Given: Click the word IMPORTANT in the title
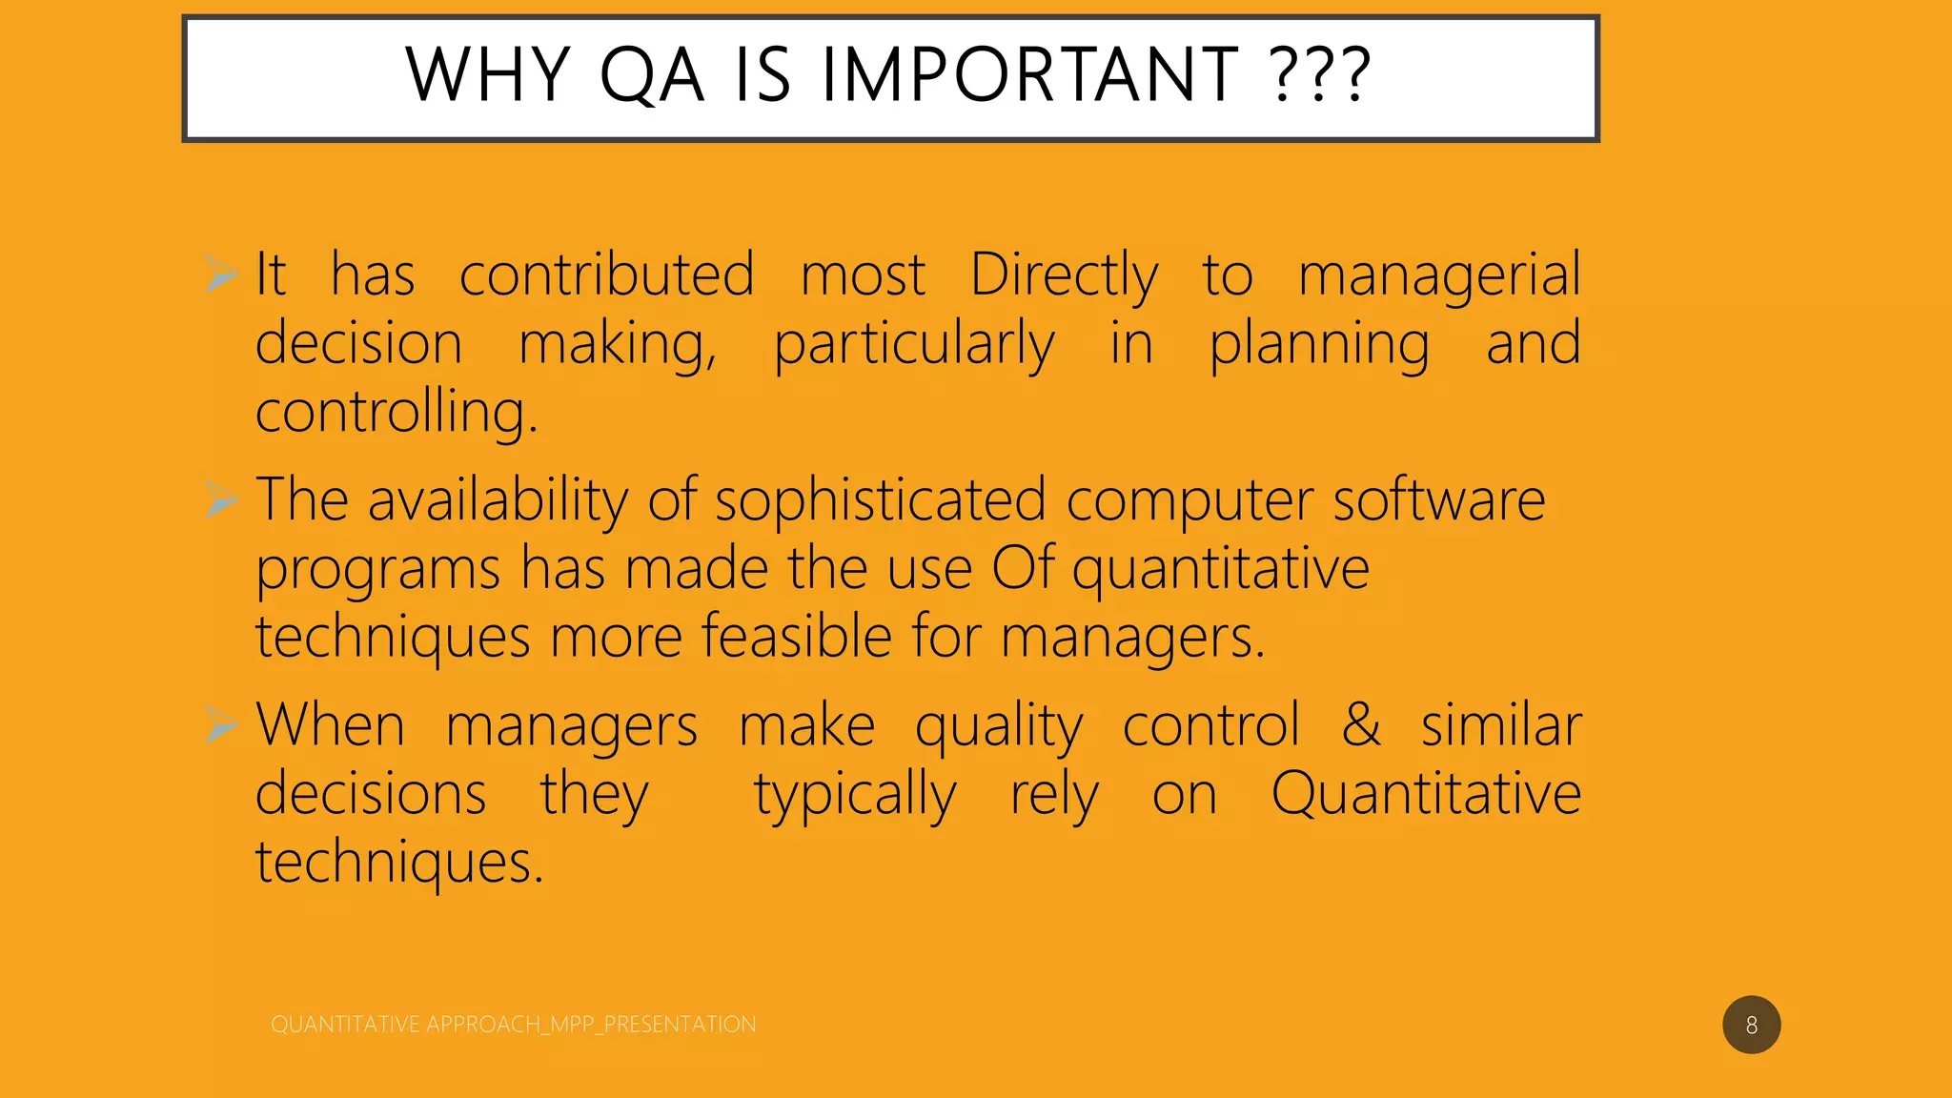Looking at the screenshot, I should [x=1029, y=75].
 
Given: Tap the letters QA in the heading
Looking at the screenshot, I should [x=651, y=75].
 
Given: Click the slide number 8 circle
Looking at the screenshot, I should [x=1751, y=1025].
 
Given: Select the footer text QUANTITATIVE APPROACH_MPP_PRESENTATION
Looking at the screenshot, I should [x=513, y=1025].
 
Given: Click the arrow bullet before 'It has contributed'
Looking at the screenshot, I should [x=221, y=274].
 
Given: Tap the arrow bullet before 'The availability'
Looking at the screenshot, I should [x=221, y=499].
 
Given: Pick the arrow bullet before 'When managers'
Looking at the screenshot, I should [x=221, y=725].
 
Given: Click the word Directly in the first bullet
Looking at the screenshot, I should [x=1064, y=276].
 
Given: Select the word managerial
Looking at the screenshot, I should [x=1439, y=276].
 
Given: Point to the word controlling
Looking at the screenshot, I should [x=396, y=414].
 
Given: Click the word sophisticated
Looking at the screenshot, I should [x=880, y=500].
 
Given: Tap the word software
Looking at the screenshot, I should [x=1438, y=500].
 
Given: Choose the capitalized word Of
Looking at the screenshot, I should [x=1023, y=569].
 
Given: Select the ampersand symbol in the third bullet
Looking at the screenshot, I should [x=1361, y=725].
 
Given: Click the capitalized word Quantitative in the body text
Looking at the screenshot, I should [x=1426, y=794].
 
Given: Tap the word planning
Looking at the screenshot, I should [x=1319, y=345].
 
